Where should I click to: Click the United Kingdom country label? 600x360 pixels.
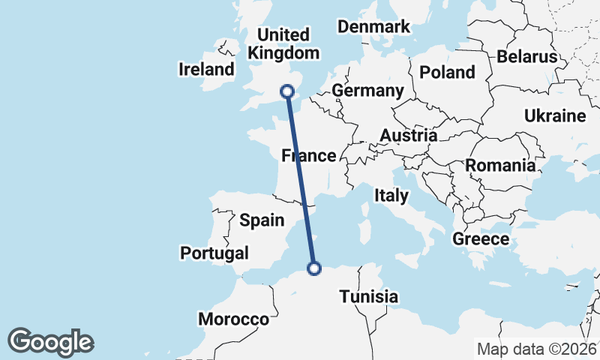[x=283, y=44]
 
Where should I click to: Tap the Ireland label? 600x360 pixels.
[x=206, y=70]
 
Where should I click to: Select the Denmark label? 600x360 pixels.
[x=373, y=27]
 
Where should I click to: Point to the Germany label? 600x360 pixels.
[x=367, y=91]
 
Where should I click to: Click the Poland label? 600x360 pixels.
[x=447, y=72]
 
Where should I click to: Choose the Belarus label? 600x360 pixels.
[x=526, y=56]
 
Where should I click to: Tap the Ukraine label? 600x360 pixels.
[x=554, y=116]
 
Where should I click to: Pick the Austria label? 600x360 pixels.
[x=408, y=136]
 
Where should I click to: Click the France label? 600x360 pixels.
[x=307, y=156]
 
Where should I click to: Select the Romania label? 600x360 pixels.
[x=500, y=165]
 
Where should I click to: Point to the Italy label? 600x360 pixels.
[x=391, y=196]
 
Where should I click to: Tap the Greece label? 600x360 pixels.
[x=481, y=239]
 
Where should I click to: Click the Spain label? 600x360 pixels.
[x=262, y=220]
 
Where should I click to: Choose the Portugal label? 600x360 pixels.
[x=214, y=253]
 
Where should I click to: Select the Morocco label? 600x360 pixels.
[x=233, y=319]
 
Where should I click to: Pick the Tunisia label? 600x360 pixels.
[x=368, y=296]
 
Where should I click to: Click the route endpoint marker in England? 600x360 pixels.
[x=286, y=91]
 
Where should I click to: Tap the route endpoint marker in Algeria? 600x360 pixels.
[x=315, y=268]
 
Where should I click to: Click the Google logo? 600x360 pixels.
[x=50, y=342]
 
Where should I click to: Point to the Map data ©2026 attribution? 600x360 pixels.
[x=536, y=349]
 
